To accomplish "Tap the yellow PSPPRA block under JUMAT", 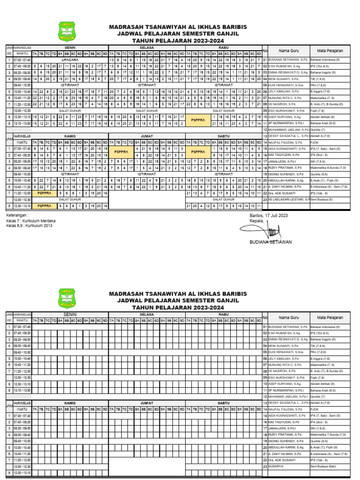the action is click(x=121, y=152).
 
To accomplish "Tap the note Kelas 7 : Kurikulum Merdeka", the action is click(x=31, y=220).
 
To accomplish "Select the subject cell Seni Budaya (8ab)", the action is click(x=323, y=467).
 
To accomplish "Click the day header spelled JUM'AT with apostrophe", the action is click(x=147, y=403).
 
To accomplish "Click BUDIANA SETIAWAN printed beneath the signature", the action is click(x=270, y=242).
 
